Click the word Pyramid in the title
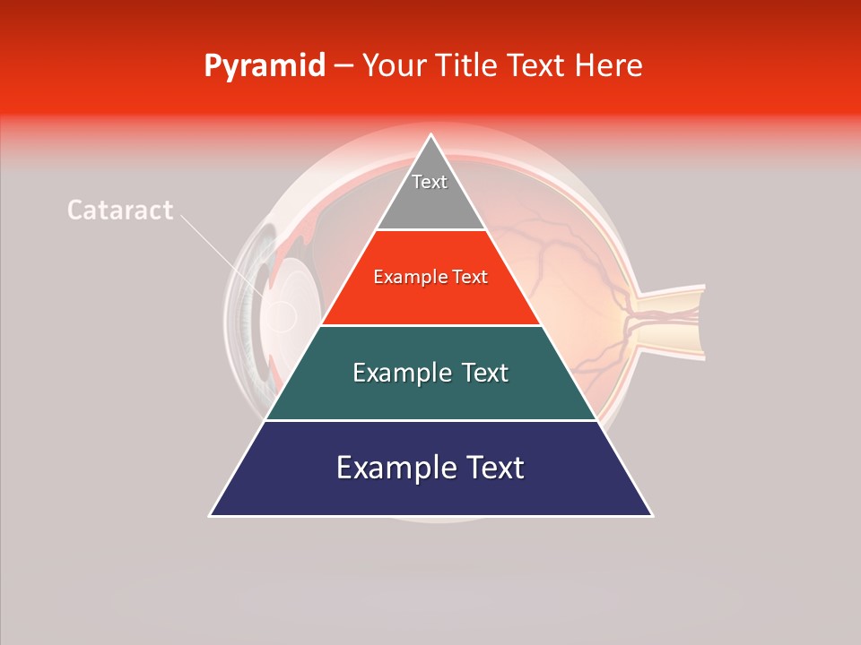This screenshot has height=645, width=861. click(265, 66)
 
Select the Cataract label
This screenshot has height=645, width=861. click(120, 211)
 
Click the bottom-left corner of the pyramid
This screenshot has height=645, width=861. click(212, 515)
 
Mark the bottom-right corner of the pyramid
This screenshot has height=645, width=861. click(651, 515)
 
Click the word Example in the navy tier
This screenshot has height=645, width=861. click(393, 469)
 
